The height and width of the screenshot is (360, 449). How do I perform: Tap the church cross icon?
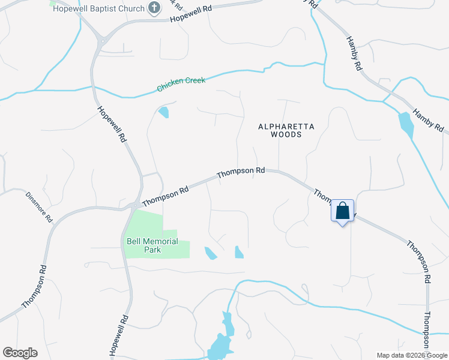(155, 8)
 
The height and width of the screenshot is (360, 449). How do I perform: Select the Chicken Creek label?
(181, 84)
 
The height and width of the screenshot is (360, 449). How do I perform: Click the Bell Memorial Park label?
(152, 245)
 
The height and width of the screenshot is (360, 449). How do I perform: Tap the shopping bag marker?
(342, 211)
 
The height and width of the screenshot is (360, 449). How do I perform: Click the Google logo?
(20, 353)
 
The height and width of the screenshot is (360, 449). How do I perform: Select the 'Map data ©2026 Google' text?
(412, 355)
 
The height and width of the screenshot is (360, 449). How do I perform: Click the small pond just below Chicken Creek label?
(163, 112)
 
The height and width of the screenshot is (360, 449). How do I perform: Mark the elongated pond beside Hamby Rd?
(405, 125)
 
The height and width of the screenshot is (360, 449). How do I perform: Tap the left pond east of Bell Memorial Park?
(210, 253)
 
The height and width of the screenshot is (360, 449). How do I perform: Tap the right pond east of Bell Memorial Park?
(239, 252)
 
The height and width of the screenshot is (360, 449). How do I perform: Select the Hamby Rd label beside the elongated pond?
(427, 121)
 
